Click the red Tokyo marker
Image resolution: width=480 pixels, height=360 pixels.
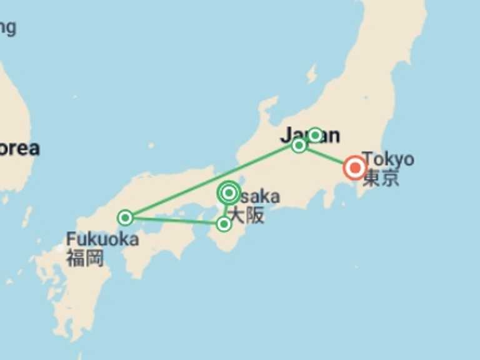[x=355, y=167]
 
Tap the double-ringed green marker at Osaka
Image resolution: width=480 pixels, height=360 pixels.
[x=229, y=192]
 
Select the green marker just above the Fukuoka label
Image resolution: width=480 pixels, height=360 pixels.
[x=126, y=217]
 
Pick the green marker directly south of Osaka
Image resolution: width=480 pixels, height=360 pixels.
[x=224, y=223]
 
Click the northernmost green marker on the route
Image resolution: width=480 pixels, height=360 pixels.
[x=315, y=135]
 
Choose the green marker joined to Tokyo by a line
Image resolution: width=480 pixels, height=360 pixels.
[x=299, y=145]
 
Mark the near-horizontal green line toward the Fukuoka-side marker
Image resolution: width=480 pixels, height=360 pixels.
[x=175, y=221]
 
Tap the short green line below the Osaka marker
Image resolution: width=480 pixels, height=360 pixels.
[x=226, y=210]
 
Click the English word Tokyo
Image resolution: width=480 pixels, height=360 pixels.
[x=387, y=159]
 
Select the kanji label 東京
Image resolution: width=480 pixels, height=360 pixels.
[x=381, y=178]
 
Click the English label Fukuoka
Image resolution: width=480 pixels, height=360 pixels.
[x=102, y=239]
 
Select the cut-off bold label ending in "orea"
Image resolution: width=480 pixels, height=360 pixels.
[x=19, y=148]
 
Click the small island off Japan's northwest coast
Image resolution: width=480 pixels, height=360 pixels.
[x=311, y=74]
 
